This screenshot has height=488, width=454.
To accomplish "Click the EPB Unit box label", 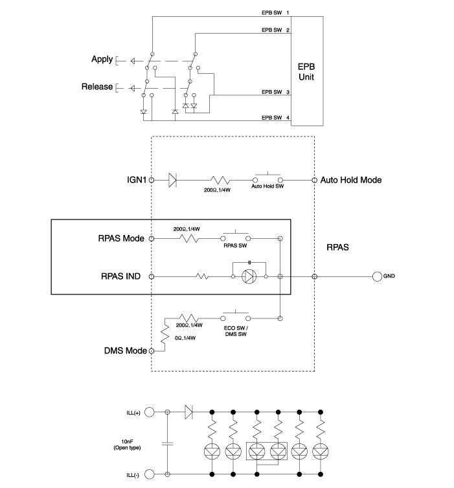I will coord(306,72).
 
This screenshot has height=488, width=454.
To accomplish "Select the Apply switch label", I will coord(102,60).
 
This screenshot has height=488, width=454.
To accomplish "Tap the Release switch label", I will coord(97,86).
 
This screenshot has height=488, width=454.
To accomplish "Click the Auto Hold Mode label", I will coord(351,179).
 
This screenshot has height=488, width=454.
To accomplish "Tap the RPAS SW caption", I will coord(234,246).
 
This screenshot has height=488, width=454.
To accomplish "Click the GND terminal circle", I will coord(377,276).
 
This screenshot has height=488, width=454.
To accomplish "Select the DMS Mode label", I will coord(126,351).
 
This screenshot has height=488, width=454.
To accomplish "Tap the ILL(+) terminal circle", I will coord(148,412).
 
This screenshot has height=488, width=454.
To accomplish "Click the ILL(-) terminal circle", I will coord(148,474).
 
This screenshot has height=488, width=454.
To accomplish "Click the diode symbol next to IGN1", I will coord(173,179).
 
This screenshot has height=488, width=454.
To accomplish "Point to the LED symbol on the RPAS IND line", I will coord(249,276).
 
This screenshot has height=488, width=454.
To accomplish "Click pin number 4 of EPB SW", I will coord(288,118).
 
